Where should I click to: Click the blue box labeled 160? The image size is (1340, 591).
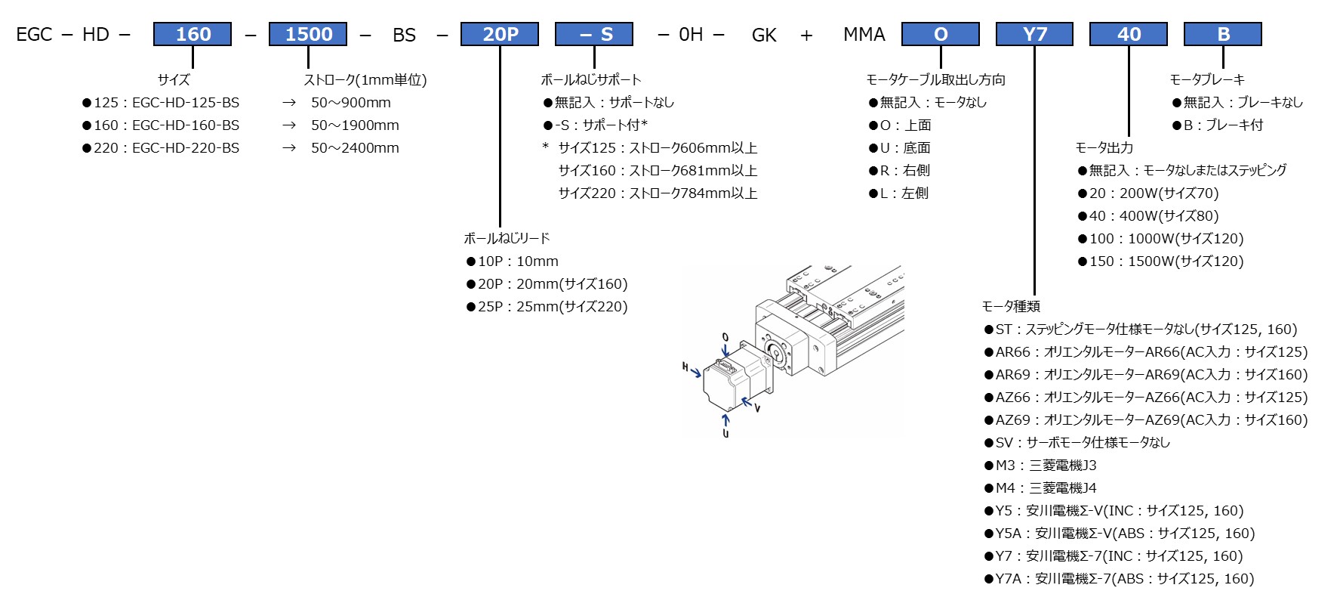coord(193,34)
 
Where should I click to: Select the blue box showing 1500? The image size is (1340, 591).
coord(308,34)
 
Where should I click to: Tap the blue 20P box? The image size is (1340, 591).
coord(500,34)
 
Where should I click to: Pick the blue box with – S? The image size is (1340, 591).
coord(594,34)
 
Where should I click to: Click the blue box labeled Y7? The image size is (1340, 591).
coord(1034,34)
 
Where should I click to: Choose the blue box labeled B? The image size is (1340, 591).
coord(1223,34)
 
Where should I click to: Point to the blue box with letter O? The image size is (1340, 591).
coord(941,34)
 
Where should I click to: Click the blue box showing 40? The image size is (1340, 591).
coord(1129,34)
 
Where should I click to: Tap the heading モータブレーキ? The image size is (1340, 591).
coord(1207,79)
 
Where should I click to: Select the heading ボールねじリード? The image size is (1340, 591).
coord(507,238)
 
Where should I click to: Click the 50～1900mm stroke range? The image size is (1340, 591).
coord(355,125)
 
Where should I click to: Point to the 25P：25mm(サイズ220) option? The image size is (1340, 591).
coord(552,307)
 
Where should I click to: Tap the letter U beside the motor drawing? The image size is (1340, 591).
coord(725,434)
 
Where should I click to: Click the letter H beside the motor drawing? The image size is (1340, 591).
coord(685,367)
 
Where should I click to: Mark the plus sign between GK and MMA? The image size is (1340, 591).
coord(806,35)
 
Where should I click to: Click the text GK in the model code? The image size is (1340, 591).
coord(764,35)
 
